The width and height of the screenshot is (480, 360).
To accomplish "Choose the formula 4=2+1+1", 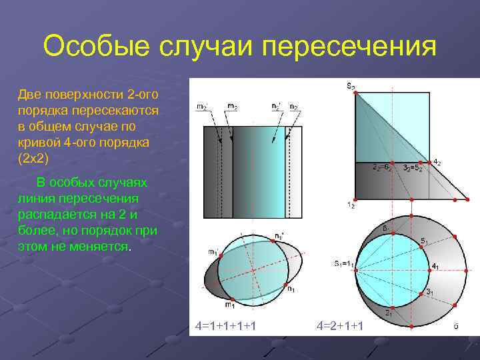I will pyautogui.click(x=340, y=326).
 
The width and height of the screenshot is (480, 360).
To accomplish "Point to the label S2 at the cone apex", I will pyautogui.click(x=350, y=86).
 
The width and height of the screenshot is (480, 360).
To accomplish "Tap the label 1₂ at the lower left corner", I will pyautogui.click(x=350, y=205).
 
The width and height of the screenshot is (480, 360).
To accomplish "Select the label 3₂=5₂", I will pyautogui.click(x=415, y=169).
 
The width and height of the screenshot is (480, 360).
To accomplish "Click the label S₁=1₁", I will pyautogui.click(x=344, y=263).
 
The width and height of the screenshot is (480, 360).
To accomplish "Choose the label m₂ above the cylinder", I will pyautogui.click(x=232, y=107).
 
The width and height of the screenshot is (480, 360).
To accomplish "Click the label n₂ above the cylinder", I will pyautogui.click(x=293, y=107).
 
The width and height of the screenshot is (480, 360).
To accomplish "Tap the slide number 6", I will pyautogui.click(x=455, y=326).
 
